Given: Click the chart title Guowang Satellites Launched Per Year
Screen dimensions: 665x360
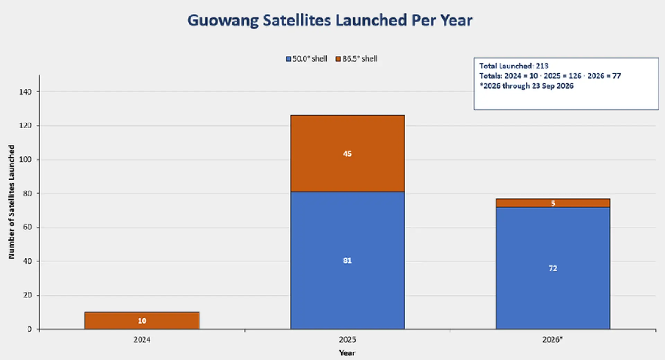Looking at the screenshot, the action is click(x=330, y=20).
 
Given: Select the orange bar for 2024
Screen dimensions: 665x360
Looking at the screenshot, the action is click(x=142, y=321).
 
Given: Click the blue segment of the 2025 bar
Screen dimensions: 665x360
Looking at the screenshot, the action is click(x=347, y=260).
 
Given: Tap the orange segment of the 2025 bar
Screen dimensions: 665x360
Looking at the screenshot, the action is click(x=347, y=153).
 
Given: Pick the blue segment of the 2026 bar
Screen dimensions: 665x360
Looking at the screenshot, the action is click(x=553, y=268).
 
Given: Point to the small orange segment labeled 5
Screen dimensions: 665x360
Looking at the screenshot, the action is click(x=553, y=203).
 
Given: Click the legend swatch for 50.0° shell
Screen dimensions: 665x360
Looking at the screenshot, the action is click(x=288, y=59).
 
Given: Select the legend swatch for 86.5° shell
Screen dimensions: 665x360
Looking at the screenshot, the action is click(x=338, y=59).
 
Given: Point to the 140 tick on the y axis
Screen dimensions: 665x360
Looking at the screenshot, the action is click(x=25, y=92).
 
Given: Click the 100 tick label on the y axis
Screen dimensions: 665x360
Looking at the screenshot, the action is click(x=25, y=159).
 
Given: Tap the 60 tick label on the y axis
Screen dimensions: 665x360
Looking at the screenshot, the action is click(x=27, y=227).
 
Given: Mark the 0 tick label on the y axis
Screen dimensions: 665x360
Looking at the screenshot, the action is click(x=29, y=329).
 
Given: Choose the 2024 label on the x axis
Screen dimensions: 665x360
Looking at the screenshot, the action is click(x=142, y=340).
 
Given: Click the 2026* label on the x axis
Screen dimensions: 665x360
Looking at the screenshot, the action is click(x=553, y=340).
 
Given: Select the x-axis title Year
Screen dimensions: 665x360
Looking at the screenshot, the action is click(x=347, y=353).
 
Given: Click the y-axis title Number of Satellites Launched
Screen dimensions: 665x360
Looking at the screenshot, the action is click(x=11, y=202).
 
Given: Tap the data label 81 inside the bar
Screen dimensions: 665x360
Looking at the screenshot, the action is click(x=347, y=261).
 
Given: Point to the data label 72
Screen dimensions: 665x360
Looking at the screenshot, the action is click(x=553, y=269).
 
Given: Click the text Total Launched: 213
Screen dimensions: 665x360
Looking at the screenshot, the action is click(x=514, y=66).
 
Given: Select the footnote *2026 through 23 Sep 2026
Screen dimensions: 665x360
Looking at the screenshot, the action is click(x=526, y=86).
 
